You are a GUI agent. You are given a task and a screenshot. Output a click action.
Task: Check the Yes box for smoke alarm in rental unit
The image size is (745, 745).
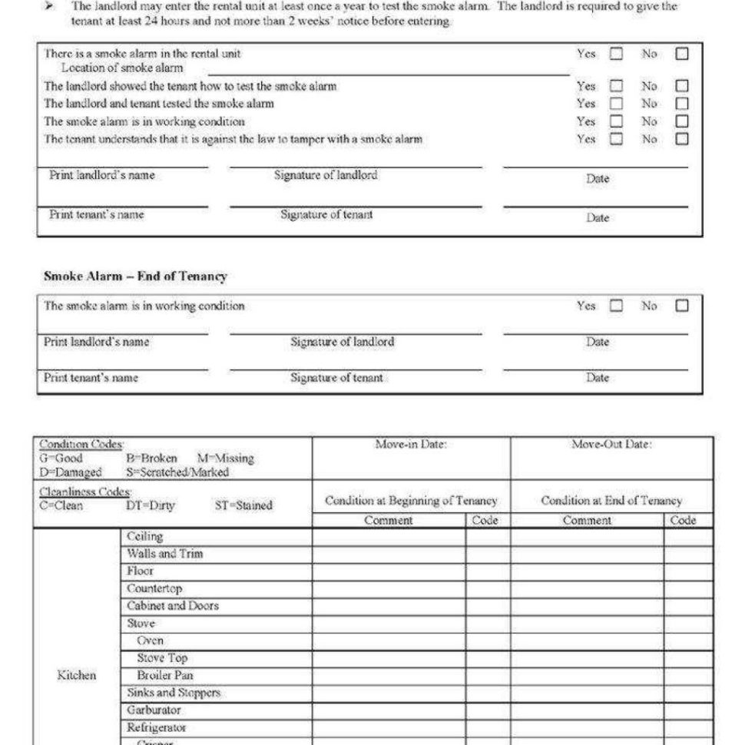coord(616,54)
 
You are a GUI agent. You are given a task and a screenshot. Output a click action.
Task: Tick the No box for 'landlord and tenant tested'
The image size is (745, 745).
coord(681,103)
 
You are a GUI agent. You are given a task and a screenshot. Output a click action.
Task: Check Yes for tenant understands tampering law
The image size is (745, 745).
coord(616,139)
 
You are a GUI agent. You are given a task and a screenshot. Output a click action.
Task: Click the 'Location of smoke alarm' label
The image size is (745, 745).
coord(122,68)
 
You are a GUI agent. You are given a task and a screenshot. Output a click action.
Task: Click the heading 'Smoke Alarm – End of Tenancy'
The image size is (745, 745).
coord(135,276)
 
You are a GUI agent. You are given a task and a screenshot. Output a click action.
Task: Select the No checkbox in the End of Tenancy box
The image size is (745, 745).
coord(681,306)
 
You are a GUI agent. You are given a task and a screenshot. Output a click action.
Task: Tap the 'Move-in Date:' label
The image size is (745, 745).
coord(411,445)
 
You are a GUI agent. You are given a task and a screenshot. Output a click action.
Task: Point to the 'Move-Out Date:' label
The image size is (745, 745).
coord(611,445)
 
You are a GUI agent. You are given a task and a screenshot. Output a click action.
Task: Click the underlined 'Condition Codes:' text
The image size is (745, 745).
coord(81,445)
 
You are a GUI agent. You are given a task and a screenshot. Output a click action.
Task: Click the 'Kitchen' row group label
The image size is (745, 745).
coord(77,675)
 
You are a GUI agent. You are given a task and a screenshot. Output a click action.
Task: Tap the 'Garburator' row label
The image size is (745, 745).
coord(154,710)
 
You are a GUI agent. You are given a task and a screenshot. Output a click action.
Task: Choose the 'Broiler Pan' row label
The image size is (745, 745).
coord(165,675)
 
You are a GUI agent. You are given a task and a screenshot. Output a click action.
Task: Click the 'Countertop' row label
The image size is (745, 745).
coord(154,588)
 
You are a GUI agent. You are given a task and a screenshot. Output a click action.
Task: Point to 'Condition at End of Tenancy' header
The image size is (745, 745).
coord(611,501)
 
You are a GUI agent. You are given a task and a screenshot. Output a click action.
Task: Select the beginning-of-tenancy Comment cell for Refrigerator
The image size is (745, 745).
coord(389,727)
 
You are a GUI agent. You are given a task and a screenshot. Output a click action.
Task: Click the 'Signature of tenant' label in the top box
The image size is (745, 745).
coord(326,215)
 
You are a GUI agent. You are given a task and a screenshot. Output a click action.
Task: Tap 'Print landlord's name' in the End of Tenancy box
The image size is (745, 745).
coord(96,342)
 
